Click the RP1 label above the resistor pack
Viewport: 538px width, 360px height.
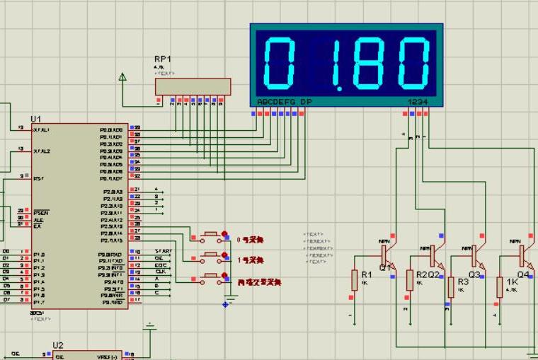pos(163,59)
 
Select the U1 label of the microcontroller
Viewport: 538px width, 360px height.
pos(35,118)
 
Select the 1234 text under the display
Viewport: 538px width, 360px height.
pos(418,103)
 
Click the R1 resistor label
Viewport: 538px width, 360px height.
pos(367,274)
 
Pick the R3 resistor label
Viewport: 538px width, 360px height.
pos(463,281)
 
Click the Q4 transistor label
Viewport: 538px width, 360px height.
pos(523,274)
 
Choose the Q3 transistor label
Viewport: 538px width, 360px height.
pos(474,274)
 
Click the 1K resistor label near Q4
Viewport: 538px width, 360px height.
pos(512,281)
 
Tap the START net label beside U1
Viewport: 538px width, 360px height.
pos(163,251)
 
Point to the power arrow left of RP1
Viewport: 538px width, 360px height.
pos(123,77)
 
